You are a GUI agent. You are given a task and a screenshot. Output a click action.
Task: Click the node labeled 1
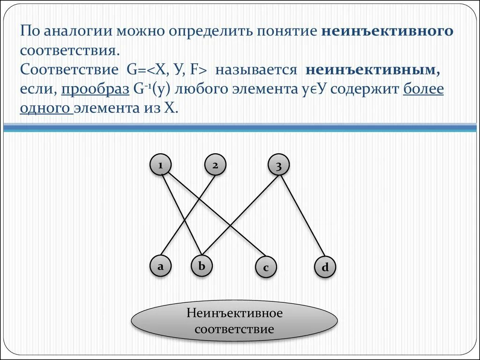(160, 165)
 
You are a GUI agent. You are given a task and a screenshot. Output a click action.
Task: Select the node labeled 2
(215, 165)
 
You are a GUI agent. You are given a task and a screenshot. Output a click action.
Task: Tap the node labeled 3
(278, 166)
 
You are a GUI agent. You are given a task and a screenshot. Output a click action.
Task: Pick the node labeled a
(160, 266)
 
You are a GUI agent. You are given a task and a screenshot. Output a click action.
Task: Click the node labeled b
(202, 266)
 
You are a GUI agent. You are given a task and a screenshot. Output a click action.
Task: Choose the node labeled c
(265, 268)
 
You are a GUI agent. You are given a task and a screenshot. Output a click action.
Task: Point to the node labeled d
(325, 268)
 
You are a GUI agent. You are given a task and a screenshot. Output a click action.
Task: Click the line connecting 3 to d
(302, 216)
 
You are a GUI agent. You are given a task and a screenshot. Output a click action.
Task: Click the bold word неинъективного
(388, 31)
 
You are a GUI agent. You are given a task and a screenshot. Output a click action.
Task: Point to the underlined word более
(423, 89)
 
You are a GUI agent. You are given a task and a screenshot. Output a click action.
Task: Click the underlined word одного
(45, 108)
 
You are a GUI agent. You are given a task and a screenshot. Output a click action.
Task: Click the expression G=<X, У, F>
(167, 70)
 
